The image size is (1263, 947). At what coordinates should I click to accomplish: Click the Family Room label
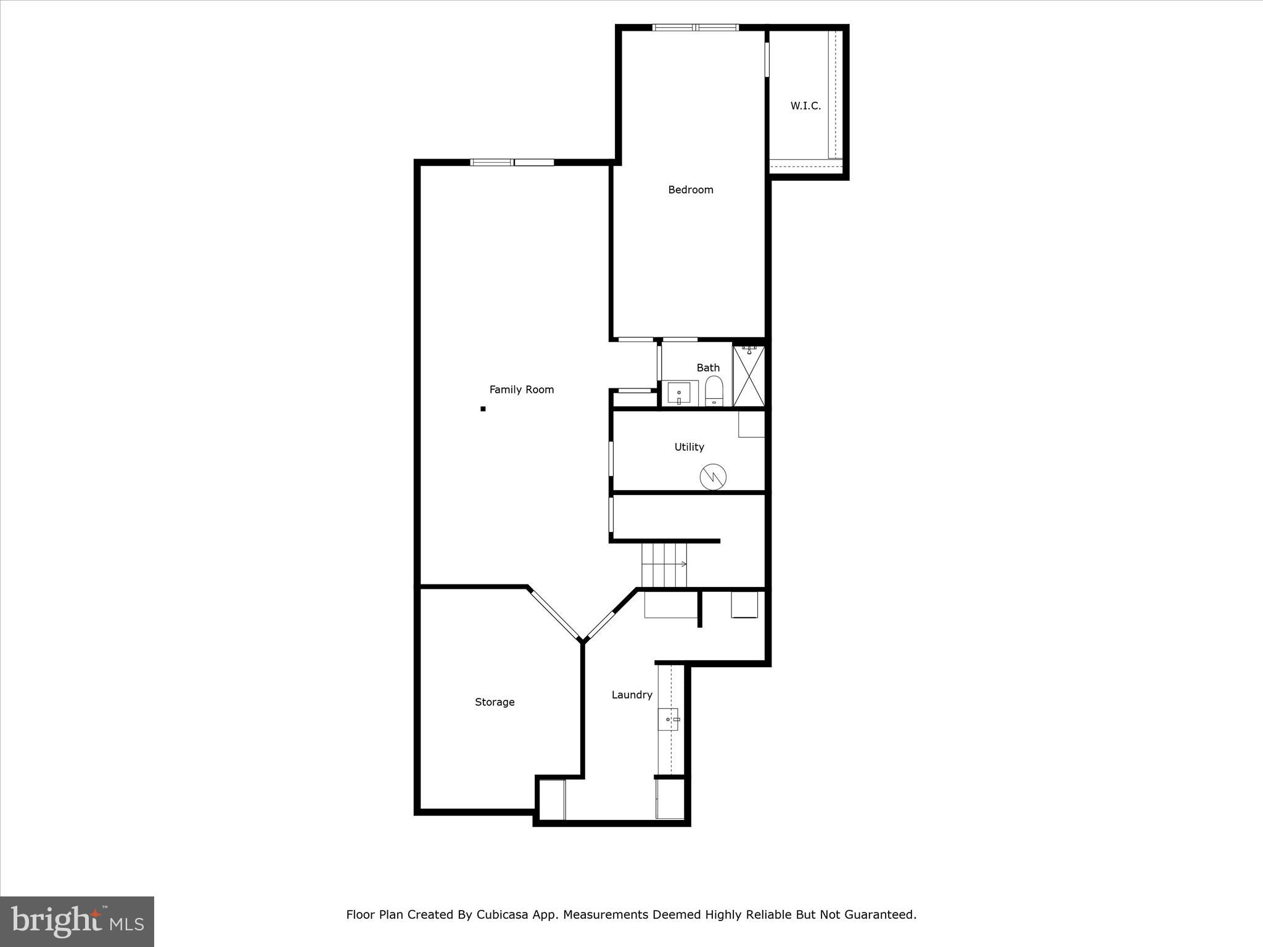tap(521, 390)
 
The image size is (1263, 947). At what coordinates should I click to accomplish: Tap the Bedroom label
tap(690, 190)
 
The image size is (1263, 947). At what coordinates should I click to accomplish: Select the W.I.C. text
tap(805, 106)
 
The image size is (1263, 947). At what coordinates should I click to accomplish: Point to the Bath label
tap(708, 368)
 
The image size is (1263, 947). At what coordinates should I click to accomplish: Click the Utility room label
tap(689, 447)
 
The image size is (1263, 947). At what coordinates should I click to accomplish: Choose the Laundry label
tap(631, 695)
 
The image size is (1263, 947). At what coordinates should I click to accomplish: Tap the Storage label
tap(494, 702)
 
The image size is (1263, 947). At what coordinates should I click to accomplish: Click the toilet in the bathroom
tap(714, 392)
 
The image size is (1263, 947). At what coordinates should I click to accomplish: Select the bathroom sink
tap(679, 393)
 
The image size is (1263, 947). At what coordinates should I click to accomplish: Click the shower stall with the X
tap(749, 376)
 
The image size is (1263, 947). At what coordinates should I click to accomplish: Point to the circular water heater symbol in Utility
tap(713, 477)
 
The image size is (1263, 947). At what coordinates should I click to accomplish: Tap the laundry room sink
tap(669, 719)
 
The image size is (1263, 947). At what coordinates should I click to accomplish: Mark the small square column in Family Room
tap(483, 409)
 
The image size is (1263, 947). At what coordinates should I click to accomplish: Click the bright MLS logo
tap(77, 920)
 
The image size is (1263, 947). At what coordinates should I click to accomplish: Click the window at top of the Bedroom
tap(696, 28)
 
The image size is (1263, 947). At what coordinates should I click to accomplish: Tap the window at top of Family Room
tap(512, 163)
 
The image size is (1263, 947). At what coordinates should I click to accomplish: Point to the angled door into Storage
tap(554, 615)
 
